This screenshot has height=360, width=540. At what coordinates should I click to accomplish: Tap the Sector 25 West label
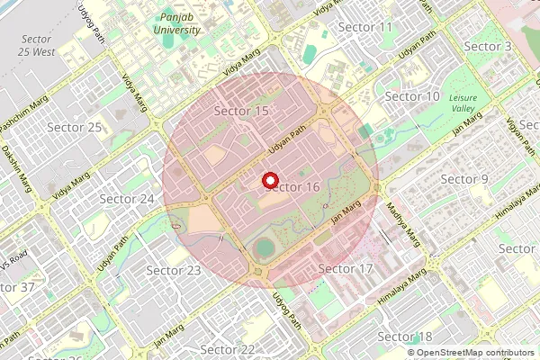(x=36, y=46)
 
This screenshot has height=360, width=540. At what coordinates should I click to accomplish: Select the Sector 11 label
(x=365, y=27)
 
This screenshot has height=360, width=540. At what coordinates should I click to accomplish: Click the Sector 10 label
(x=412, y=96)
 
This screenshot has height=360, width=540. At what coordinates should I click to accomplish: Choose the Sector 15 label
(x=242, y=111)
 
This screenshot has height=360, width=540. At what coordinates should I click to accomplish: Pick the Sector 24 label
(x=127, y=198)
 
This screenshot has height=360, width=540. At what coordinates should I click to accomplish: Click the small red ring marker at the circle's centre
(x=270, y=180)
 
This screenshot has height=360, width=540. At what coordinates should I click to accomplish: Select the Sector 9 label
(x=464, y=179)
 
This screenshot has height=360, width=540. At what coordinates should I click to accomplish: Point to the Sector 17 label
(x=346, y=268)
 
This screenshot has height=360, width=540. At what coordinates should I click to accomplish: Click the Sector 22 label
(x=228, y=348)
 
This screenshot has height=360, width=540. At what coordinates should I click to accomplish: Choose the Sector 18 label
(x=405, y=336)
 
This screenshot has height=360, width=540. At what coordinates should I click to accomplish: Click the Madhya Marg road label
(x=404, y=224)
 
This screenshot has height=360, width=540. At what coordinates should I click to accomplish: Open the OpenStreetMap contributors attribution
(x=475, y=353)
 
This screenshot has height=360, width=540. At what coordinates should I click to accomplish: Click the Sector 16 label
(x=293, y=186)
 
